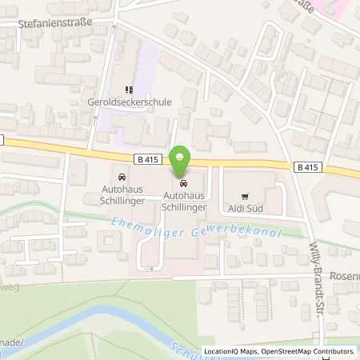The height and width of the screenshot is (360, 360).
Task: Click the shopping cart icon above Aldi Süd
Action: (245, 194)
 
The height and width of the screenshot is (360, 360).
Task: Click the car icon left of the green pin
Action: (121, 177)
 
